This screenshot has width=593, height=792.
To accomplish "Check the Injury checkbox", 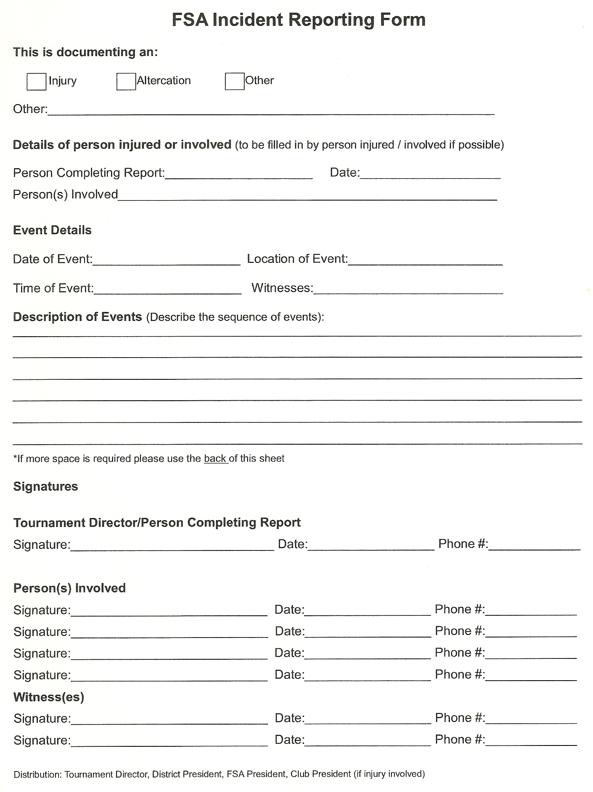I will point(36,82).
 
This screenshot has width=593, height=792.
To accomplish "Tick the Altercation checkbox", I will point(126,82).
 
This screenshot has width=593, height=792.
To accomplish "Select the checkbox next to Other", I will point(234,81).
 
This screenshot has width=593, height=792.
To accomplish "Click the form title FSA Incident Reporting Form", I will point(298,20).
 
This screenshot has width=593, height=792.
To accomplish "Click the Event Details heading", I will point(52,230).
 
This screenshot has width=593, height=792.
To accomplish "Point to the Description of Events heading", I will point(77,317).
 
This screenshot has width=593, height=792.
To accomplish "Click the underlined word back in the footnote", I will point(215,459).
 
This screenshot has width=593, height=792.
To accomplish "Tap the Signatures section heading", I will point(46,486).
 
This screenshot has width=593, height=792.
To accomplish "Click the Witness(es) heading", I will point(49,697).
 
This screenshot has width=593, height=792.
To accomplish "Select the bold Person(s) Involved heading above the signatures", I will point(70,588).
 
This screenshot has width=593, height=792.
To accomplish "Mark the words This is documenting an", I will point(85,52).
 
